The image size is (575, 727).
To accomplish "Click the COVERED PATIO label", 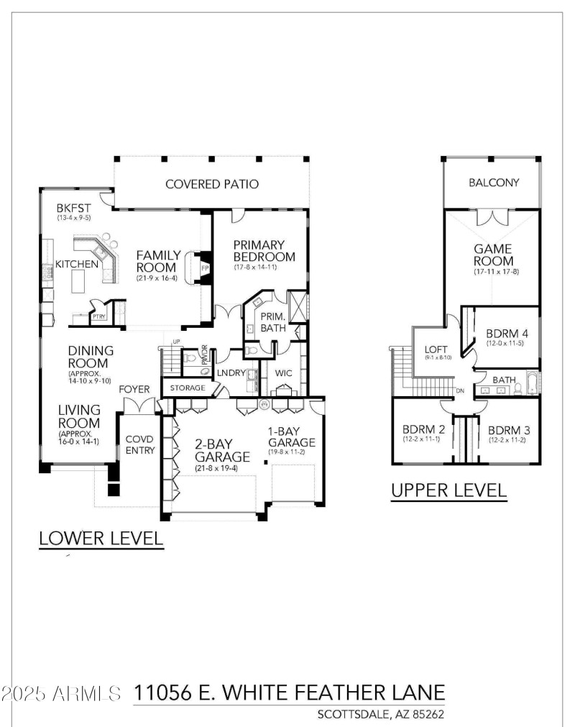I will tap(212, 184).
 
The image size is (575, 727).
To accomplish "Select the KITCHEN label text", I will tap(77, 264).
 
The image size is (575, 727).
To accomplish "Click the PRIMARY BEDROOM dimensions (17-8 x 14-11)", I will tap(259, 268).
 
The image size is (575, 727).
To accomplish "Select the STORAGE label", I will tap(188, 388).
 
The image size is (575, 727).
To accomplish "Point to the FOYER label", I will tap(134, 389).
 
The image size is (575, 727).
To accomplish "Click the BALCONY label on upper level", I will tap(494, 183).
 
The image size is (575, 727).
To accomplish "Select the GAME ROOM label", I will tap(493, 255).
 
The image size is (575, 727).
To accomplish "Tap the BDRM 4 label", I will tap(508, 334).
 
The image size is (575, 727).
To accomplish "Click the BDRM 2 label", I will tap(423, 430).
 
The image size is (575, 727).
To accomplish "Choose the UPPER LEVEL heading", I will tap(448, 490).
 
